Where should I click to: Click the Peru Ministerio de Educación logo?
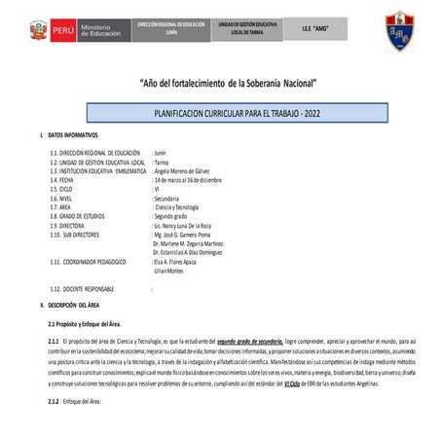tap(70, 29)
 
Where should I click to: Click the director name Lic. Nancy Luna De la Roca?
tap(189, 225)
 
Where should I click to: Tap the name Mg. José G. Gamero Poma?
tap(185, 235)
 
